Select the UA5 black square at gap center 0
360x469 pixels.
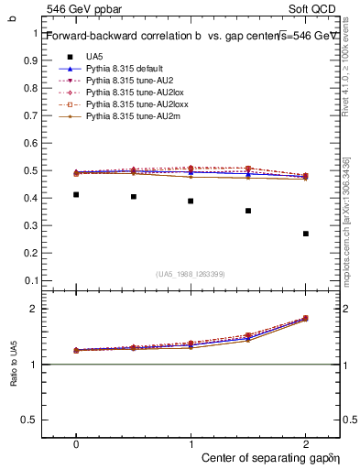[x=76, y=194]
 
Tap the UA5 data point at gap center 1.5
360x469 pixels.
[x=248, y=211]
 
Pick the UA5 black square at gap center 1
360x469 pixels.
[x=191, y=201]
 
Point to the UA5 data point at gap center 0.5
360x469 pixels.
[x=134, y=196]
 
